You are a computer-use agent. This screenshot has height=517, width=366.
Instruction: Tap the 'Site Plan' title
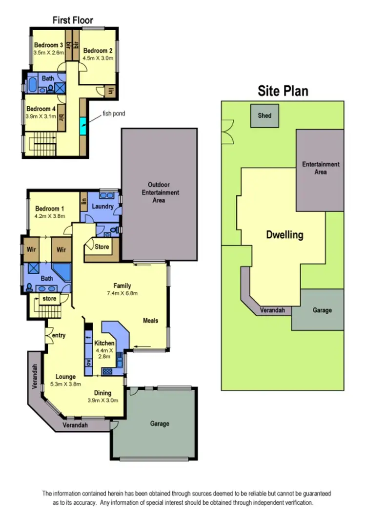(283, 91)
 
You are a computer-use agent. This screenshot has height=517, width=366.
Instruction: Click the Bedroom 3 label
(49, 45)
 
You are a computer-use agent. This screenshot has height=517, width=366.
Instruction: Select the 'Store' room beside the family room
(102, 246)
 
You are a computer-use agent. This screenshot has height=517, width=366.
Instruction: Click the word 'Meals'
(151, 320)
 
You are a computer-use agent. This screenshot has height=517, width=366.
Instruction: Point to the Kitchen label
(104, 344)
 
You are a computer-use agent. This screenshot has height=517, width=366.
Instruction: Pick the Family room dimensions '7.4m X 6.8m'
(122, 293)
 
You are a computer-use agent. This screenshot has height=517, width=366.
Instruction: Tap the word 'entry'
(58, 335)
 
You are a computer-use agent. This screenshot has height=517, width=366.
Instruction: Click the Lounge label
(65, 377)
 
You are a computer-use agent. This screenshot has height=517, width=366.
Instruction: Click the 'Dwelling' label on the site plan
(285, 235)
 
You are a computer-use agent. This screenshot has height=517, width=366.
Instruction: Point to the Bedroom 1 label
(48, 209)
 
